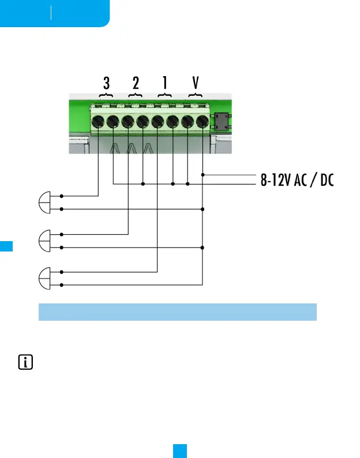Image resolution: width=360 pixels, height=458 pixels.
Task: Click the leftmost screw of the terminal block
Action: click(x=98, y=122)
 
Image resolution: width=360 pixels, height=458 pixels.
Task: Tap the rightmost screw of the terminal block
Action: click(x=202, y=122)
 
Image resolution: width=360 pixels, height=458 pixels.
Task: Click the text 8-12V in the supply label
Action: click(x=273, y=181)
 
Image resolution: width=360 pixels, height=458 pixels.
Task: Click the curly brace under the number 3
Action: click(x=106, y=94)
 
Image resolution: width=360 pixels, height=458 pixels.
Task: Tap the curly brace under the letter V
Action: click(x=196, y=94)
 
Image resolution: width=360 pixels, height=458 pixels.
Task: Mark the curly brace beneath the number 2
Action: click(x=136, y=94)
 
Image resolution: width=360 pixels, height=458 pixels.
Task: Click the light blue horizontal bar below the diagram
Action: click(x=178, y=311)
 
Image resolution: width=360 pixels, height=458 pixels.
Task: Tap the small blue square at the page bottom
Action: click(x=179, y=450)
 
